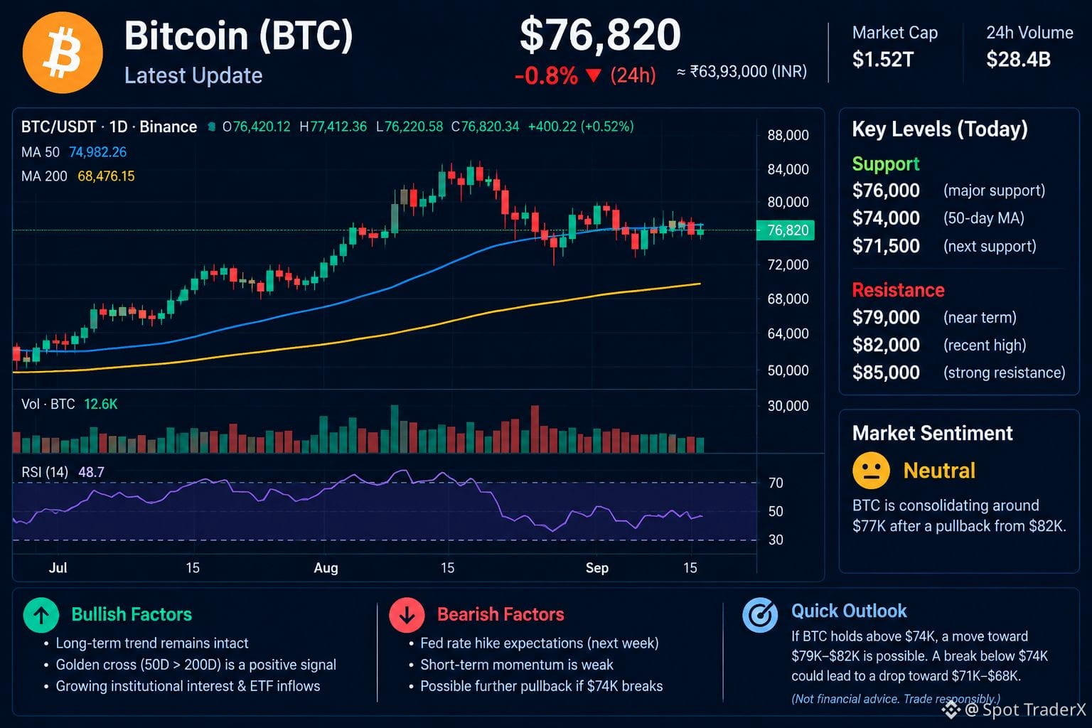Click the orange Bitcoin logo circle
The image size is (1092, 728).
63,53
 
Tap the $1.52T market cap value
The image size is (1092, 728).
882,60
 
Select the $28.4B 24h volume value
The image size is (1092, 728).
1018,60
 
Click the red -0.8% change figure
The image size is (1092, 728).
546,75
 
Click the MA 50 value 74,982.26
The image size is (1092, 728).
97,152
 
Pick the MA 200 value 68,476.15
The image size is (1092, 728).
106,176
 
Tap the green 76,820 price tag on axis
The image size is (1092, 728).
785,230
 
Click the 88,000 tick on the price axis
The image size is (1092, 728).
788,135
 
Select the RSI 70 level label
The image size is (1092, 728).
776,483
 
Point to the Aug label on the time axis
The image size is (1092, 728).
326,568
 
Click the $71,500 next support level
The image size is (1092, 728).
886,246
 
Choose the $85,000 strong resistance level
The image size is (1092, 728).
886,373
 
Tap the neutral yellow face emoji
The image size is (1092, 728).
871,471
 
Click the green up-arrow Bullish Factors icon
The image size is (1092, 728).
41,615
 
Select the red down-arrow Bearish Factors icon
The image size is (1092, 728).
407,615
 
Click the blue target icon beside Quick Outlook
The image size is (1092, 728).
760,615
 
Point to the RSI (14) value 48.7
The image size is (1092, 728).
91,472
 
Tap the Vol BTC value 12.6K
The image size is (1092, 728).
100,405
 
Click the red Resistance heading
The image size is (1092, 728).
898,290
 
